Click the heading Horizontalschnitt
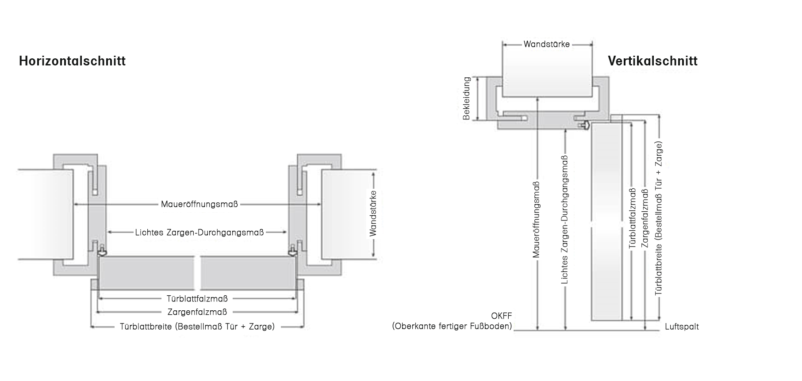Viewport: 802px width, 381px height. point(72,61)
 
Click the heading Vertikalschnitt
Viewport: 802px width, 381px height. point(652,61)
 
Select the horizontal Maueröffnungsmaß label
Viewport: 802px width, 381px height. point(200,204)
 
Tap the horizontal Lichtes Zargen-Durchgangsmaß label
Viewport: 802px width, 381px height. point(200,232)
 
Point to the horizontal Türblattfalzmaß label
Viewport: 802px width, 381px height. point(197,299)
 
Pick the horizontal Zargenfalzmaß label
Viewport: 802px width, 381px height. point(197,312)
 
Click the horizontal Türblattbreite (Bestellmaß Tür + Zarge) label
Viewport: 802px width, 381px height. point(197,327)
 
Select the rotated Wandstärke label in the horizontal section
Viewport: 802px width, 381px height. point(373,213)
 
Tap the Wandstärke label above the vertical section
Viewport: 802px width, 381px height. point(547,44)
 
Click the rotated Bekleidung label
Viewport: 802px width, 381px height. point(467,99)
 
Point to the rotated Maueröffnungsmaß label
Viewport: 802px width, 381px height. point(537,220)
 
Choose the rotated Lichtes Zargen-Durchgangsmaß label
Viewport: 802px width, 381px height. point(565,220)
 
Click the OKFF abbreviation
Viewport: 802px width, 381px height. point(501,316)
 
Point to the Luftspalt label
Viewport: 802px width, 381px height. point(682,327)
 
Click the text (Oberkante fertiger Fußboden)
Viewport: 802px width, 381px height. point(452,327)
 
